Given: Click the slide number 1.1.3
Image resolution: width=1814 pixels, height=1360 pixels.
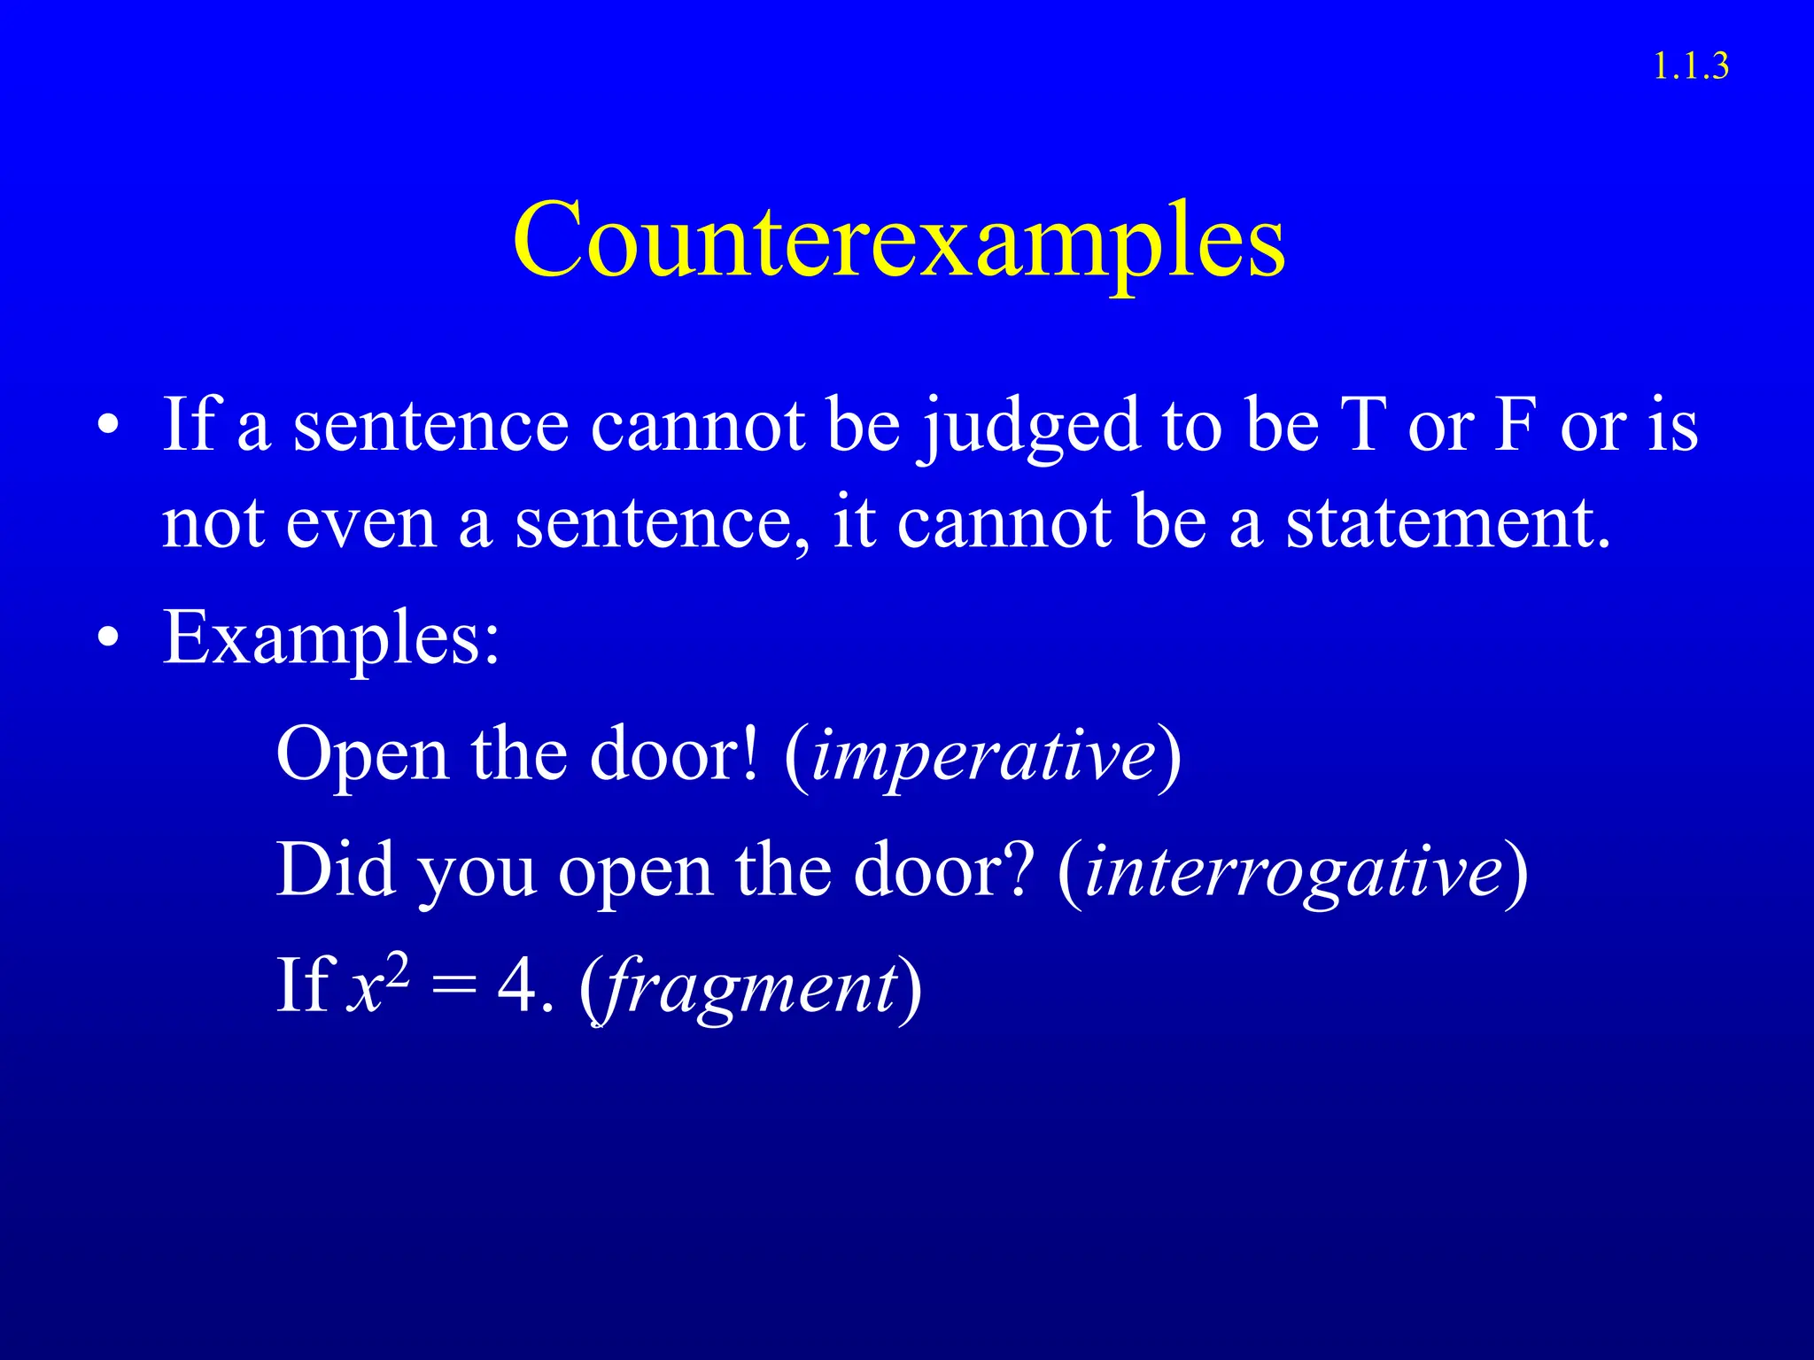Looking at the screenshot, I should coord(1690,66).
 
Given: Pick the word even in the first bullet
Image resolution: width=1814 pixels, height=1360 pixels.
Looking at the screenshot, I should coord(360,523).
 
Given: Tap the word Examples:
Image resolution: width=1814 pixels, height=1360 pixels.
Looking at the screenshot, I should coord(331,637).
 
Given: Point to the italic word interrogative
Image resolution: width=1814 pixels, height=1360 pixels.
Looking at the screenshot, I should coord(1292,871).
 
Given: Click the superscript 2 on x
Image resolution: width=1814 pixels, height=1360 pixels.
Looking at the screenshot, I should coord(398,970).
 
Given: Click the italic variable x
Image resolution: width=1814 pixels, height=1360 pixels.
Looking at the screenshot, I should coord(364,988).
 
